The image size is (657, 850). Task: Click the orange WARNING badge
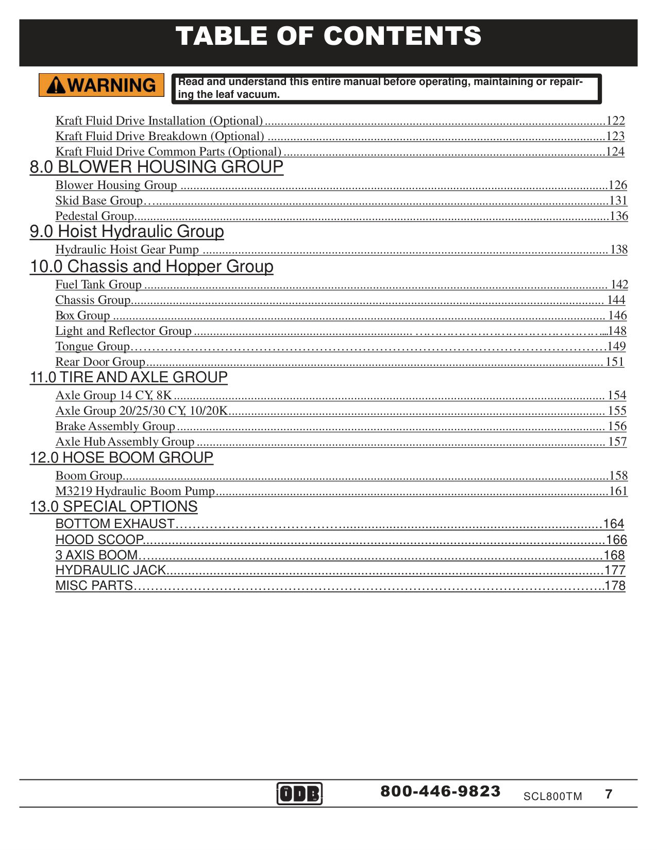coord(102,85)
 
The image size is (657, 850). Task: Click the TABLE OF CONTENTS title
coord(328,37)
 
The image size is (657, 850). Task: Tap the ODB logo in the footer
coord(299,793)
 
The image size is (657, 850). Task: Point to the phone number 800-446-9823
coord(441,791)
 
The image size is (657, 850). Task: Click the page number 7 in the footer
coord(609,794)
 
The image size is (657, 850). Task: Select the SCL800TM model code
coord(552,796)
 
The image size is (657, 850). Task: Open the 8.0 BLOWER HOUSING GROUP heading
coord(157,167)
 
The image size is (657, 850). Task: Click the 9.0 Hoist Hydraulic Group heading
coord(127,232)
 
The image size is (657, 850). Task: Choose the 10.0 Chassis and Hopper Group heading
coord(151,267)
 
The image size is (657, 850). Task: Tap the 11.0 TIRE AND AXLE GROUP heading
coord(129,378)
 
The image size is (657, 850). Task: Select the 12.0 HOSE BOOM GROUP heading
coord(122,458)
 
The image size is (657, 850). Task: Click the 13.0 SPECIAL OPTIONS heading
coord(114,507)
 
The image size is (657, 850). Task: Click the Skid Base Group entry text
coord(99,201)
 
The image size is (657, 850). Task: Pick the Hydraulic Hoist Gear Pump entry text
coord(127,250)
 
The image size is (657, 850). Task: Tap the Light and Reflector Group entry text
coord(124,331)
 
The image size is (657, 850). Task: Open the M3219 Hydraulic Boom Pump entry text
coord(135,491)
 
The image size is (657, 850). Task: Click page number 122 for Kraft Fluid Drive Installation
coord(615,121)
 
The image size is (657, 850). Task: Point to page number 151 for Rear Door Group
coord(614,362)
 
